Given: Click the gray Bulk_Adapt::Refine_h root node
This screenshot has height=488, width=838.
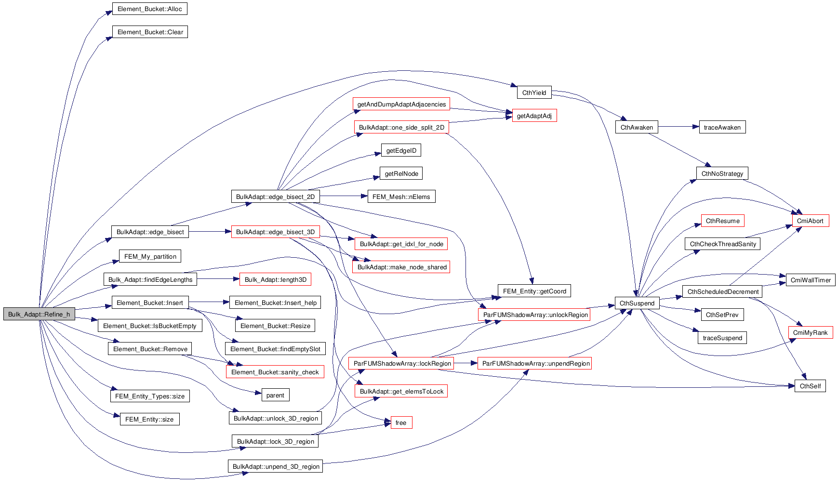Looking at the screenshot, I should click(x=39, y=315).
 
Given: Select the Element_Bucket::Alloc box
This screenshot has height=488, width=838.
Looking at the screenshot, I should click(x=149, y=9).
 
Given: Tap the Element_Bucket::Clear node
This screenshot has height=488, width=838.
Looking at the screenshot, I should click(x=150, y=32).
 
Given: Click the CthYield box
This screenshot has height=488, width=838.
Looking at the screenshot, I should click(x=534, y=93).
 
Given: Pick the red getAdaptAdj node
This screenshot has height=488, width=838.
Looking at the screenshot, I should click(x=534, y=116).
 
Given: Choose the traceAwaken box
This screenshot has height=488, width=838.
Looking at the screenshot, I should click(x=722, y=128).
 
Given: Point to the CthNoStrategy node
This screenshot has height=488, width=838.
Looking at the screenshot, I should click(x=722, y=174).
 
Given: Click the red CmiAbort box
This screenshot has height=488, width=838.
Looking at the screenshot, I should click(x=810, y=221).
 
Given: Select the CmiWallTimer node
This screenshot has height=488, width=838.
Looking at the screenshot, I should click(x=811, y=280).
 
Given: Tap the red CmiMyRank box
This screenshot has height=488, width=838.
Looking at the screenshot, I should click(x=810, y=333).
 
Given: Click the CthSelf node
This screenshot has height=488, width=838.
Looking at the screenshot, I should click(x=810, y=386).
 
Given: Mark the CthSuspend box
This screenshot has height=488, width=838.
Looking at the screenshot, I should click(x=637, y=303).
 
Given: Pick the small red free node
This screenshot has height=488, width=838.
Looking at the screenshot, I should click(x=401, y=423).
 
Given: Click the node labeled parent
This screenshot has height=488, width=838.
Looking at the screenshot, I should click(x=275, y=396).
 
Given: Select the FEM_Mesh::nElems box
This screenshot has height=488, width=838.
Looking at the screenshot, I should click(x=401, y=197).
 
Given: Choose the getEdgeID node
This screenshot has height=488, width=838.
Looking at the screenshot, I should click(x=401, y=151).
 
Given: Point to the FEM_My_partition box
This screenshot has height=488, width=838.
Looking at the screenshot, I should click(x=150, y=257).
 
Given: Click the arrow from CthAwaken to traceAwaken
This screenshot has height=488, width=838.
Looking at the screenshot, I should click(x=678, y=127).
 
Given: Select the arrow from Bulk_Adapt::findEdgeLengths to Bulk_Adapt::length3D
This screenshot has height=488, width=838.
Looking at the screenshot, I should click(x=218, y=279).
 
